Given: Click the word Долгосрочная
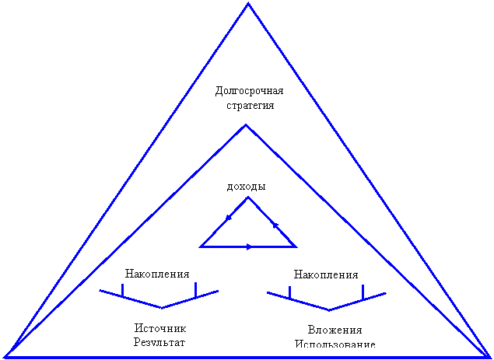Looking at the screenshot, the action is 249,91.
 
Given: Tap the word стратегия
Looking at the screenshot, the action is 251,105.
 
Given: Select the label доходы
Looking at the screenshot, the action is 247,187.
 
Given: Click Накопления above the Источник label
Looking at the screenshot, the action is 157,274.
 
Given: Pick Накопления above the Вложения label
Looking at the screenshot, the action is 326,274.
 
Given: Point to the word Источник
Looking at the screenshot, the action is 160,328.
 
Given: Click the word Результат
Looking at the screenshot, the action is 159,342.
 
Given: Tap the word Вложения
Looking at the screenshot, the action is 335,330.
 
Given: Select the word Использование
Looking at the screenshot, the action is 335,344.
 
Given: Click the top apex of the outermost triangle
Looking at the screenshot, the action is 248,3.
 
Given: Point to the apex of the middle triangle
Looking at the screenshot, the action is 246,124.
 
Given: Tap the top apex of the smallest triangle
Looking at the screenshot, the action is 248,197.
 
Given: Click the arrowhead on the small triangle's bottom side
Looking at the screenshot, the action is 249,247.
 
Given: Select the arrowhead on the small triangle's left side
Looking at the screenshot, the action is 229,218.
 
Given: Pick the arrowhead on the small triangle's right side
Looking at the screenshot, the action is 275,225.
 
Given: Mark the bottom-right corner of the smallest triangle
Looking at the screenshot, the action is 296,246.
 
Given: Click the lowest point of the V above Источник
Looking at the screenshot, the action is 162,308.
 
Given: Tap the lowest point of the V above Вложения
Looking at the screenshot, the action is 329,310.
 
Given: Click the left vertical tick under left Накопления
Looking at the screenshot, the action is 123,290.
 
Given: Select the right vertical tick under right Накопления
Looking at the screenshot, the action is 363,292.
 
